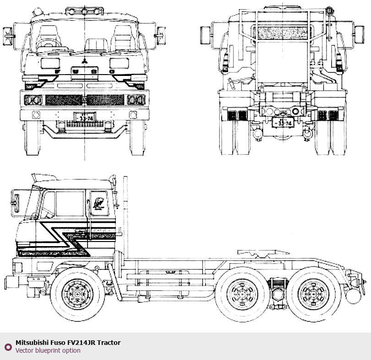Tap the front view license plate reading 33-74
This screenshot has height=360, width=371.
85,118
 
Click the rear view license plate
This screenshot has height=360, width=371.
282,123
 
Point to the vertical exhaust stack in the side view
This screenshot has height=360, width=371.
125,215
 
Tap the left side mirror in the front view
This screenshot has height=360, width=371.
8,33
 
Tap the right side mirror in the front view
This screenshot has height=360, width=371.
161,33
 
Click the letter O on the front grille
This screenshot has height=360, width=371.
112,72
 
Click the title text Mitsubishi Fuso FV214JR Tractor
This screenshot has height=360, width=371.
68,343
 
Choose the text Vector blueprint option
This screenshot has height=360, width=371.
48,351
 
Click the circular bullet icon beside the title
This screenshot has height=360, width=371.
8,347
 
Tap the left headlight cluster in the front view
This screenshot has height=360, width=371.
33,100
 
